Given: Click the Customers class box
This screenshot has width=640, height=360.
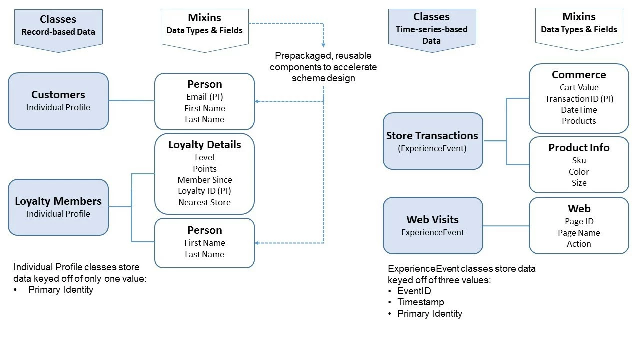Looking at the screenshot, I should [58, 101].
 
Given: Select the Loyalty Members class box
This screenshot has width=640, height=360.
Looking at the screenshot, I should [58, 207].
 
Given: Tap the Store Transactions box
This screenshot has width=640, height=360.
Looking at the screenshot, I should [433, 141].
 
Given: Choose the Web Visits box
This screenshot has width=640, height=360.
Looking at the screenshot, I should [433, 225].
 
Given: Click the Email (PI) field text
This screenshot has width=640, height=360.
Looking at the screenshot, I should [204, 97].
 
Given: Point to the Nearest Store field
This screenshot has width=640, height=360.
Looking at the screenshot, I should [204, 202].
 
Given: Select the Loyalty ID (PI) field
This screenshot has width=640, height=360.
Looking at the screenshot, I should [204, 191].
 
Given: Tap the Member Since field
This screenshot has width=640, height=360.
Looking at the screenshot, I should [204, 180].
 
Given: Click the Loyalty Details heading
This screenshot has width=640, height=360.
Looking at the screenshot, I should [204, 145].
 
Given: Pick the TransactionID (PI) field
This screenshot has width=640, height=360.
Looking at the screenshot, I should [579, 99].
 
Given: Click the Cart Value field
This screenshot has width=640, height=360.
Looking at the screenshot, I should [579, 87].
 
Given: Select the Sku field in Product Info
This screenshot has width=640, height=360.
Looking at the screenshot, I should [579, 160].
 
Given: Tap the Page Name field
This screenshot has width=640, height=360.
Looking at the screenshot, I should [579, 233].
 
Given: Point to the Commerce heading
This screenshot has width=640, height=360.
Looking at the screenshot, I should [579, 75].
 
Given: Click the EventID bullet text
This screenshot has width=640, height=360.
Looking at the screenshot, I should [414, 291].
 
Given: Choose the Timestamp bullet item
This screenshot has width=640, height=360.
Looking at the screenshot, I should [420, 302].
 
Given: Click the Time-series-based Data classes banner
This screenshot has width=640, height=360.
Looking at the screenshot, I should [431, 29].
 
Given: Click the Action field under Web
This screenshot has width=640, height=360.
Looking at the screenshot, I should [579, 244].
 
